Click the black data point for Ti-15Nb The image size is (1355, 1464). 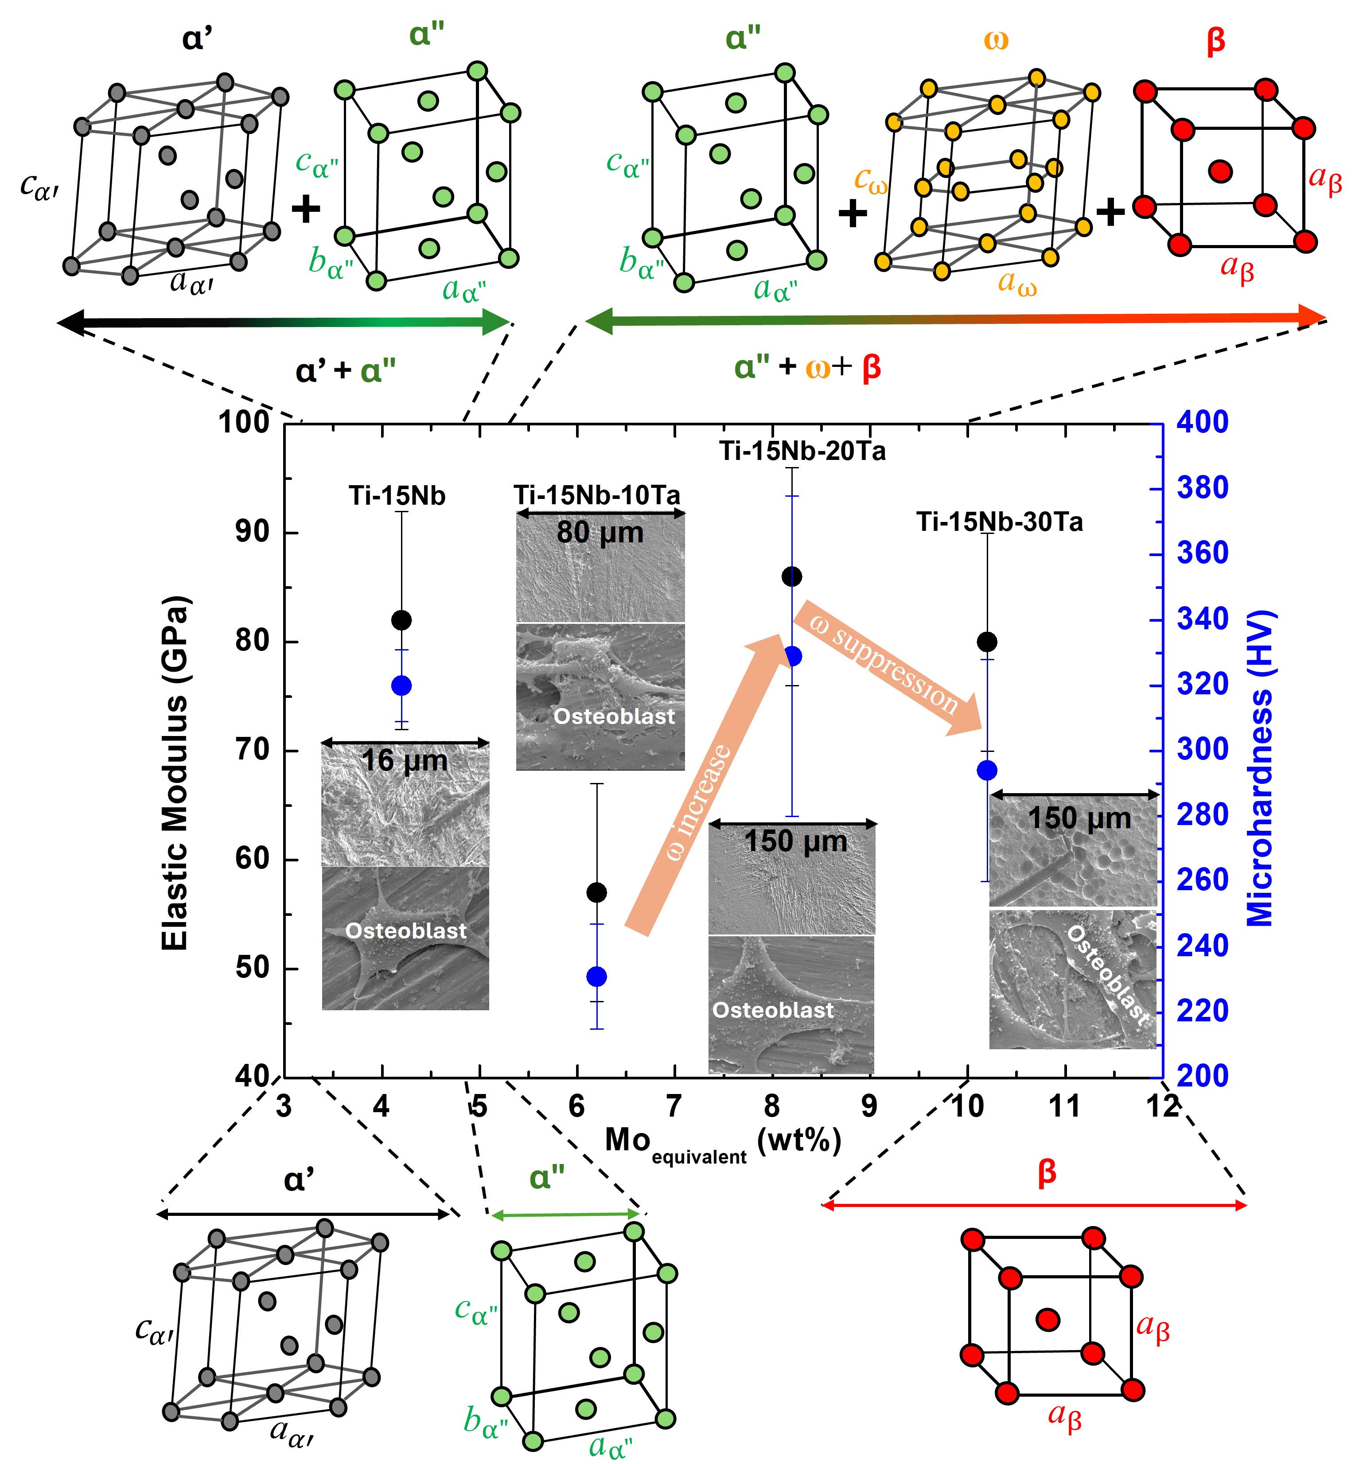coord(401,620)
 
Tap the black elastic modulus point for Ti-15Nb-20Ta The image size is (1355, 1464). coord(792,576)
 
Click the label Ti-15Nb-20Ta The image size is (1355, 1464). coord(802,451)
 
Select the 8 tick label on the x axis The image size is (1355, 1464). coord(771,1106)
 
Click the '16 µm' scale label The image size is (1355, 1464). coord(405,760)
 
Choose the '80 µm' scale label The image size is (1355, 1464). coord(600,532)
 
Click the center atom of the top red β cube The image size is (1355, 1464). coord(1220,171)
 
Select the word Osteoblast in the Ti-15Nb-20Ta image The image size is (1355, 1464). coord(773,1010)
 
